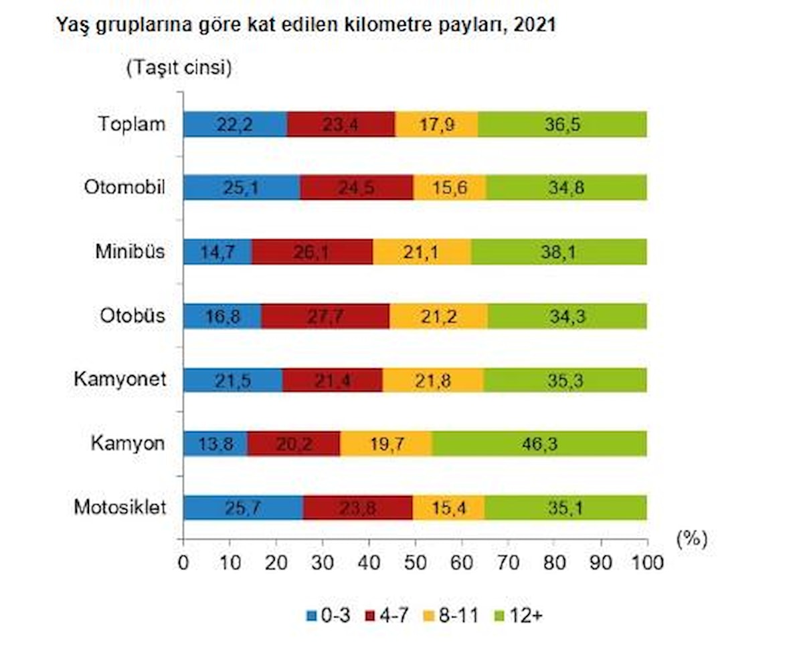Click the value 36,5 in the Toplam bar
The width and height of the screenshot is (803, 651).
[x=562, y=125]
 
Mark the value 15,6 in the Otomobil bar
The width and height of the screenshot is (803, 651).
[x=450, y=188]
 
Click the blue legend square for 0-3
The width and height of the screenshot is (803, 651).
[x=310, y=615]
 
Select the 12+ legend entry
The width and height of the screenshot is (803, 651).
[x=519, y=615]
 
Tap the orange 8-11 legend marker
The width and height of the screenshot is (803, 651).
[x=434, y=615]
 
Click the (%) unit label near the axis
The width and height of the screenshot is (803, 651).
[x=691, y=539]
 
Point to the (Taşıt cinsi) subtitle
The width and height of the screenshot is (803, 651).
[x=178, y=68]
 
